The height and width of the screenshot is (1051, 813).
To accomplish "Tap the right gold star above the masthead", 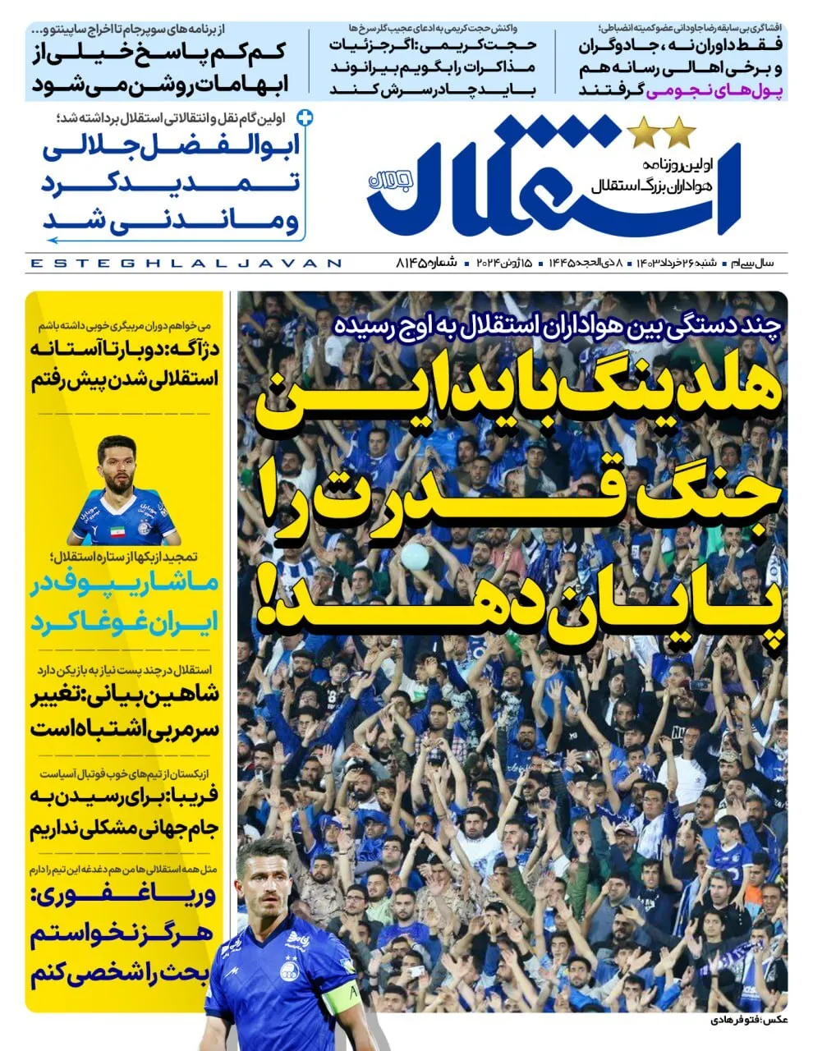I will coord(681,130).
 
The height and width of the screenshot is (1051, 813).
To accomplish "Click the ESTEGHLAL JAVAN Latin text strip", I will coord(185,264).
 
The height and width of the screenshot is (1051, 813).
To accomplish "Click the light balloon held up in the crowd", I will coord(416,556).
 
